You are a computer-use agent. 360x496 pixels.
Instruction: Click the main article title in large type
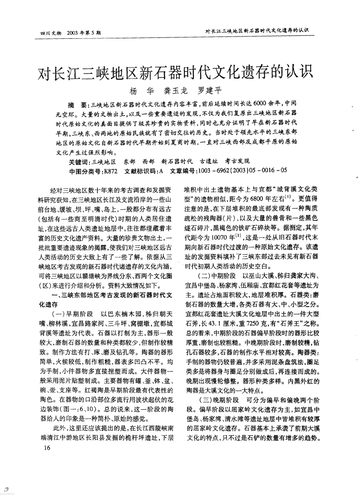[180, 72]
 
